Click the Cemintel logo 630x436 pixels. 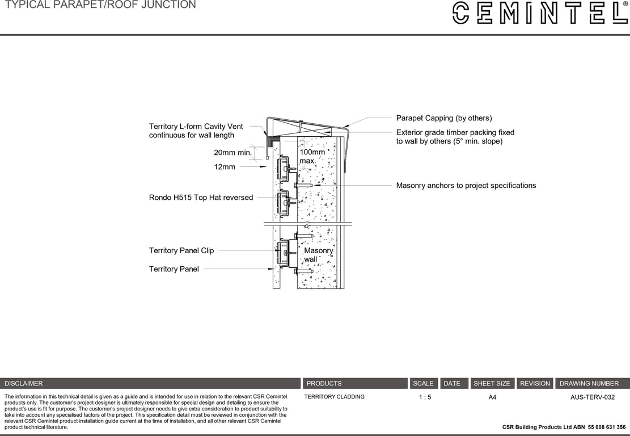[539, 13]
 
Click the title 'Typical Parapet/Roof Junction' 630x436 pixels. [100, 5]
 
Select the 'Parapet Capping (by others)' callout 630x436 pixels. [443, 118]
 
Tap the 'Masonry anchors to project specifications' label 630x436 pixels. [466, 186]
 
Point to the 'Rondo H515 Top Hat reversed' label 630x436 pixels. [201, 198]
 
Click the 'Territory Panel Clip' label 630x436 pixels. [181, 250]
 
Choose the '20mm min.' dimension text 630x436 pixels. [232, 153]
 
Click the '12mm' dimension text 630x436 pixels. [225, 167]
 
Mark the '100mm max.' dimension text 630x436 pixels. [312, 157]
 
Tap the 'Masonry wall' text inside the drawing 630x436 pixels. [319, 255]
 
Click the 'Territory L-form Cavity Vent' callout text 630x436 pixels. [196, 131]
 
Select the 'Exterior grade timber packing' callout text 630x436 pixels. [455, 137]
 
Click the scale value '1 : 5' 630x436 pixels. [425, 397]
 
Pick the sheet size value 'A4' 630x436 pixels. [492, 397]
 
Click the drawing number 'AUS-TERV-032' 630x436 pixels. [592, 397]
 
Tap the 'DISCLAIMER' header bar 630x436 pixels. [150, 383]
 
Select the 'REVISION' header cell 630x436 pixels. [535, 383]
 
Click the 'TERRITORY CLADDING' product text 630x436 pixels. [334, 397]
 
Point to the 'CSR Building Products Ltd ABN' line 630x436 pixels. [564, 427]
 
